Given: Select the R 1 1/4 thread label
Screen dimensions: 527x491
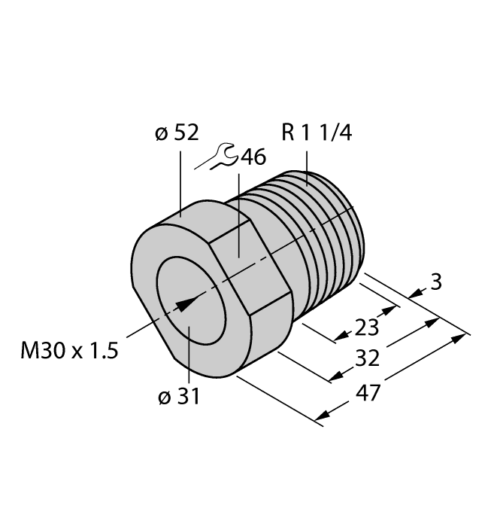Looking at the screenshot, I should [x=316, y=133].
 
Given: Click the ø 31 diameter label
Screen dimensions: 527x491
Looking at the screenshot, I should [x=179, y=398].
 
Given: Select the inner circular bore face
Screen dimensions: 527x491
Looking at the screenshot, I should [x=192, y=316].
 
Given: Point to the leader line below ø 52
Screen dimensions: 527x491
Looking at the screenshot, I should [x=180, y=181].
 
